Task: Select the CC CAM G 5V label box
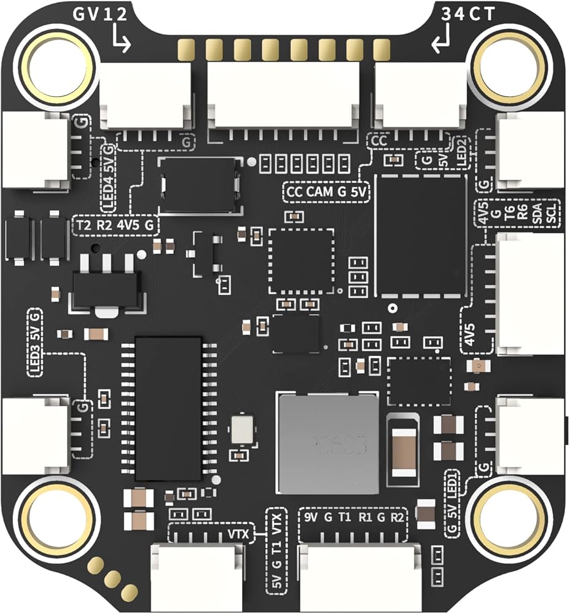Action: pos(327,192)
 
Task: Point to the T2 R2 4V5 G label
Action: pos(115,225)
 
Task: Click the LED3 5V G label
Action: pos(35,343)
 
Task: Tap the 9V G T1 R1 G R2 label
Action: pos(354,516)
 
